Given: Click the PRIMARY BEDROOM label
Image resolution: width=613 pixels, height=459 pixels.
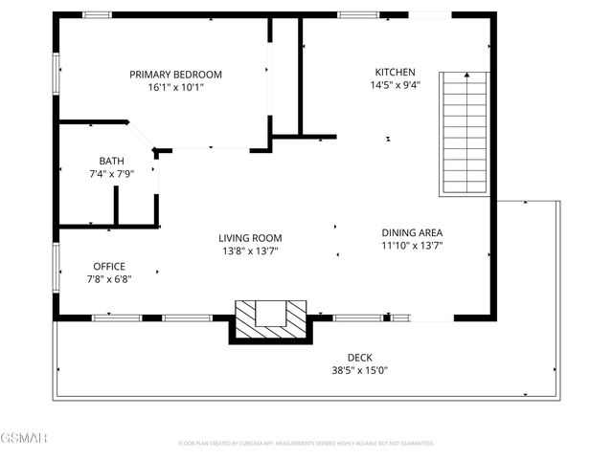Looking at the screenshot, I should (x=176, y=74).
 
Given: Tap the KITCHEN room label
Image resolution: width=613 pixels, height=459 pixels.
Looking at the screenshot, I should (x=395, y=72).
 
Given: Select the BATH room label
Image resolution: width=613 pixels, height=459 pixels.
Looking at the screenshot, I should (x=111, y=161).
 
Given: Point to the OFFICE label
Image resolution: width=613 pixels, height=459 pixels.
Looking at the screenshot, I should (x=109, y=266).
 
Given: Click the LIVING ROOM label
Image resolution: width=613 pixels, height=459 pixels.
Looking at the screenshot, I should (x=250, y=238).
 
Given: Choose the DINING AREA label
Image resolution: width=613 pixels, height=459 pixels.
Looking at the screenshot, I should (x=412, y=232).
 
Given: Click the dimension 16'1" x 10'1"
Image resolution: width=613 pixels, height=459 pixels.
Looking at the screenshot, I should (x=176, y=87).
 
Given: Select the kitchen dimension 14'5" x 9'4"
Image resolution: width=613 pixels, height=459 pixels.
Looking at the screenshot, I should (x=395, y=85).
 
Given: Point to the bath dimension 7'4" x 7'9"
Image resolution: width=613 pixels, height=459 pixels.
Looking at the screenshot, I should (x=111, y=174).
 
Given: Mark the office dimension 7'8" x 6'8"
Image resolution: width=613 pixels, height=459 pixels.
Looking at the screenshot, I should (x=109, y=279).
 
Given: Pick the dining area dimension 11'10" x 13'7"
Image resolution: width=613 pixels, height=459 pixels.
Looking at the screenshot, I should (x=412, y=246).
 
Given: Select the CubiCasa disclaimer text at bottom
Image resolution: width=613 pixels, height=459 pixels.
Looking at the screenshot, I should (x=306, y=443).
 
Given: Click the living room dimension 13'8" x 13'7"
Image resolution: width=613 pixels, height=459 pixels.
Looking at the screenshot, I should (x=250, y=251).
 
